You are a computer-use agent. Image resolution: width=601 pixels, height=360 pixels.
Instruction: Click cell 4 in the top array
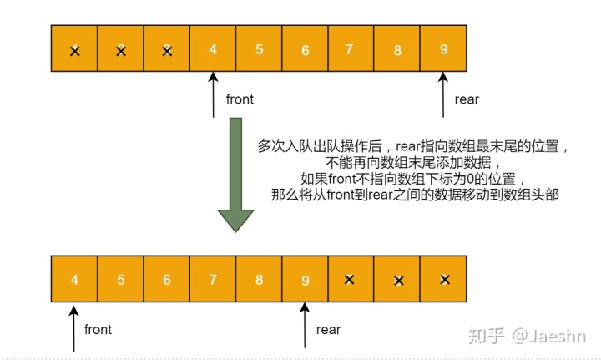[213, 49]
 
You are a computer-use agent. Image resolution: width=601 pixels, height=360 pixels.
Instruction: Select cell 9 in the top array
[443, 49]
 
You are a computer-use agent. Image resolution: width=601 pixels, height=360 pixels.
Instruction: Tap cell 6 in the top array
[306, 49]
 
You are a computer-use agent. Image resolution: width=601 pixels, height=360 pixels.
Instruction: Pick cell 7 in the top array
[351, 49]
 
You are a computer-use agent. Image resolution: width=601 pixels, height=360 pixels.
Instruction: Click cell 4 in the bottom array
[74, 280]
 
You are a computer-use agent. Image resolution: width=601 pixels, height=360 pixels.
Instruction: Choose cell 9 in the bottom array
[305, 280]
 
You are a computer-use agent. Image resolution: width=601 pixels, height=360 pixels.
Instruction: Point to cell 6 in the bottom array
[166, 280]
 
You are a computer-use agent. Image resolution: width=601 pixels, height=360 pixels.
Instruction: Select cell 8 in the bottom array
[259, 280]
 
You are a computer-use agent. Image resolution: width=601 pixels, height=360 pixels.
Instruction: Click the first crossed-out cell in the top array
[75, 50]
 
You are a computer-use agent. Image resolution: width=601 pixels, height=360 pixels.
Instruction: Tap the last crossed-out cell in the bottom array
[444, 280]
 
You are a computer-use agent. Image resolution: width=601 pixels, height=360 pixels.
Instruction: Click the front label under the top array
[240, 99]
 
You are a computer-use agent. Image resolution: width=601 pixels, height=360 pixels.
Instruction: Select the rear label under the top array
[467, 99]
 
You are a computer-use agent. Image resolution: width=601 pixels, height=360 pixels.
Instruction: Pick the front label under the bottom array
[98, 329]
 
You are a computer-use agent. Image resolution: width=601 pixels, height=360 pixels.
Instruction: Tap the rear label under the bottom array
[329, 329]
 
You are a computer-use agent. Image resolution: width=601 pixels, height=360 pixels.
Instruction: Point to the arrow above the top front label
[214, 94]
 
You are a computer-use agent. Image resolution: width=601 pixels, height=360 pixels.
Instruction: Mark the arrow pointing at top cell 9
[443, 94]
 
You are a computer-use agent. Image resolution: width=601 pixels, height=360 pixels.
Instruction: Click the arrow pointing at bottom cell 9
[305, 324]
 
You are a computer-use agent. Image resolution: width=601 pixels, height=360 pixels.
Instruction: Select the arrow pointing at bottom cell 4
[74, 324]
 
